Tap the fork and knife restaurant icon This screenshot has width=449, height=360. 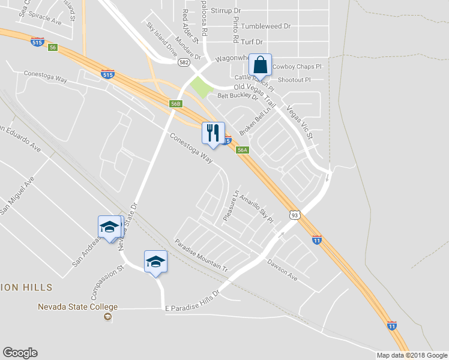[213, 133]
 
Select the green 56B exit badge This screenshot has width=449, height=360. [175, 104]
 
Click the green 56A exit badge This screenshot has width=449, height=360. [242, 150]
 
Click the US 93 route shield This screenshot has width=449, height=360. [294, 215]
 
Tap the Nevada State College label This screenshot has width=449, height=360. [77, 307]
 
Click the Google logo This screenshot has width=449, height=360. [20, 353]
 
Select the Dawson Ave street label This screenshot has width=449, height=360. [282, 270]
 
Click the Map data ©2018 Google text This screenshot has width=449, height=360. [412, 355]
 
